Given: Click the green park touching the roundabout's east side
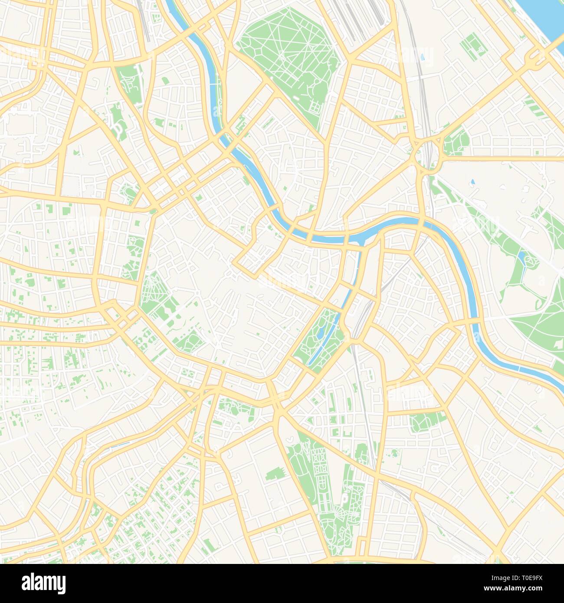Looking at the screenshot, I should tap(456, 141).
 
